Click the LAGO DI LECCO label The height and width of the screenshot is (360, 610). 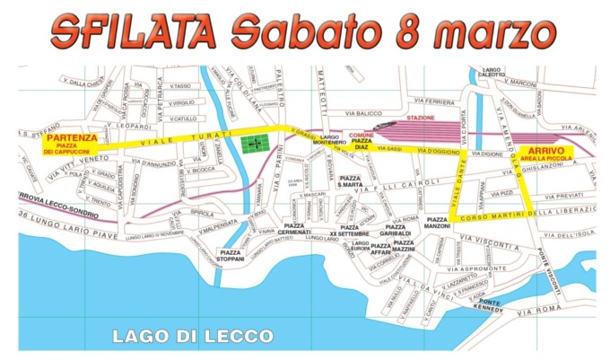tap(191, 335)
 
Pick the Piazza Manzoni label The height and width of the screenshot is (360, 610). tap(438, 223)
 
